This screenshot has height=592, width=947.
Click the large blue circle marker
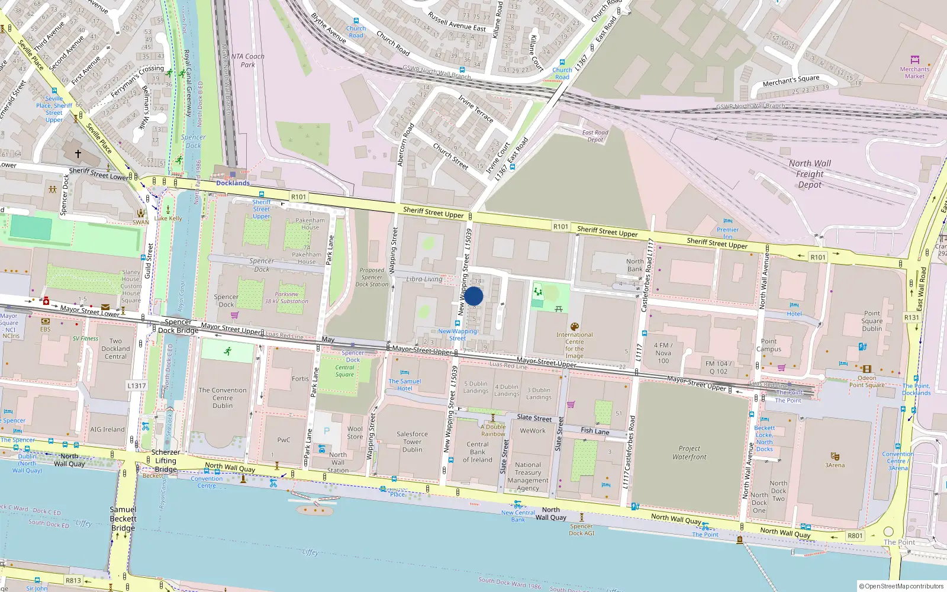point(474,296)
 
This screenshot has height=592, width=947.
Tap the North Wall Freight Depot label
point(810,173)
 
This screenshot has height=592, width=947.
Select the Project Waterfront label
point(689,453)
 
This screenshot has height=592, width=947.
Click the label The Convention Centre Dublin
point(223,398)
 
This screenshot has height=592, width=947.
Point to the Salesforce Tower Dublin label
point(412,442)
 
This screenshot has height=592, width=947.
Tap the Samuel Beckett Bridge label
point(123,519)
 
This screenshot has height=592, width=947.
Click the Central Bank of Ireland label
point(477,452)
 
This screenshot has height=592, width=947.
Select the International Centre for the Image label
point(574,345)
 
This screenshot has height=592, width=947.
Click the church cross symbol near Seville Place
point(78,153)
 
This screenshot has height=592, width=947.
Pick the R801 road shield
point(855,535)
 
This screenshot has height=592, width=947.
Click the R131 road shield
point(911,317)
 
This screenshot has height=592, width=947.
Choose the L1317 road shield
point(136,385)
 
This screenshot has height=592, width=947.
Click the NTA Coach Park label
point(247,60)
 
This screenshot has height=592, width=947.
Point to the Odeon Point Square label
point(867,381)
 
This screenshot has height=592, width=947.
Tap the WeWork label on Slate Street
point(533,431)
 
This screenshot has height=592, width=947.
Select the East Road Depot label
point(595,136)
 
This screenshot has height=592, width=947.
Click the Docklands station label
point(233,183)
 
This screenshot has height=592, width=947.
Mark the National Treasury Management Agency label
point(527,477)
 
